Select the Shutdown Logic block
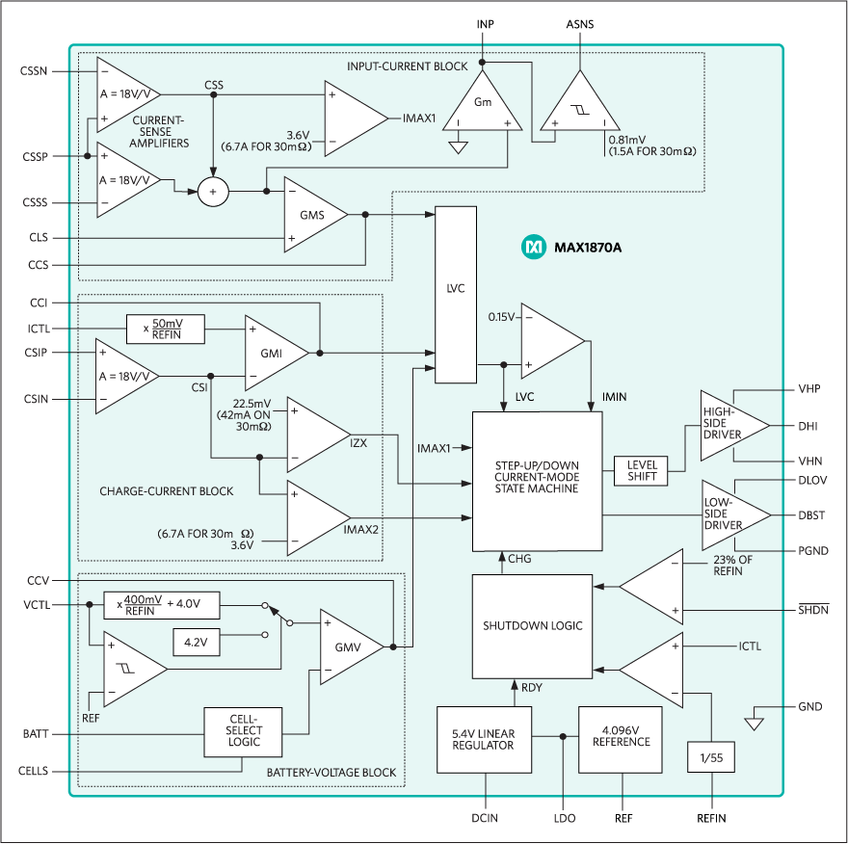[532, 625]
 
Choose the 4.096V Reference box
[622, 739]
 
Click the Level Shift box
[641, 471]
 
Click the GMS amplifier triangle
[311, 215]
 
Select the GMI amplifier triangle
[273, 353]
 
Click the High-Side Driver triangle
[732, 425]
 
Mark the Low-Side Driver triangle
[733, 515]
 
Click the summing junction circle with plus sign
[214, 192]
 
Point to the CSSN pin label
[34, 72]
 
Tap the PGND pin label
[810, 551]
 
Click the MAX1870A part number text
[588, 248]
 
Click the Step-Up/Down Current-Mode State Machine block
[536, 481]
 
